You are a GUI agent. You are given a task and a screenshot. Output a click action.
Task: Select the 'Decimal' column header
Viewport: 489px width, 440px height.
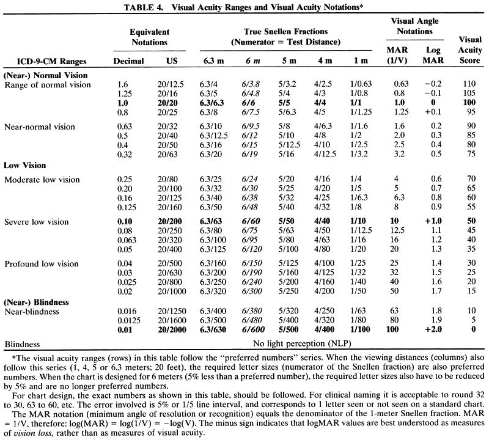click(x=129, y=61)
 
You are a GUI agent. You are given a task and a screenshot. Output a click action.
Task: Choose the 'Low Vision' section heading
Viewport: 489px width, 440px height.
click(x=26, y=166)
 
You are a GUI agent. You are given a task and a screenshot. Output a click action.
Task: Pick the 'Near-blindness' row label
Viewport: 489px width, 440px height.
click(x=31, y=311)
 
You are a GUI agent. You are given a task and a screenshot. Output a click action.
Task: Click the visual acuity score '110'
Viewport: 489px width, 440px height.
click(x=470, y=84)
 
